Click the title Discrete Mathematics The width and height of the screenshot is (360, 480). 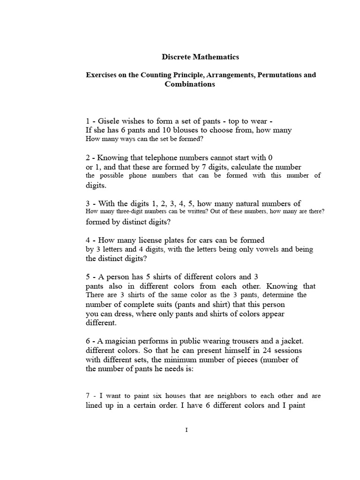[x=200, y=57]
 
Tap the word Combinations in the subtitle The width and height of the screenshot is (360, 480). [x=189, y=84]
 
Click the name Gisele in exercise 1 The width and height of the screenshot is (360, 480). [x=108, y=121]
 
